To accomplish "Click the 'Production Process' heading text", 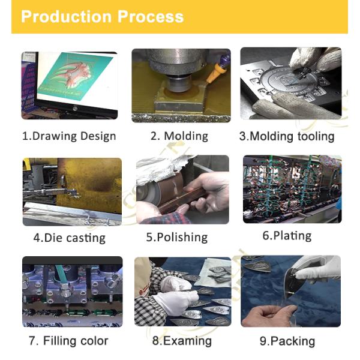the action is (x=102, y=17).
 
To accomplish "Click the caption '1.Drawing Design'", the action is (x=69, y=136).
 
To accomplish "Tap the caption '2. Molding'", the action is (x=179, y=136).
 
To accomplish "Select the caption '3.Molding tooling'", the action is (x=287, y=136).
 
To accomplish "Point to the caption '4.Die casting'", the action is (x=70, y=238).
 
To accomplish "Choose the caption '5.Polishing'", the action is (x=177, y=237).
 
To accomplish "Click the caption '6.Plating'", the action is (x=287, y=236).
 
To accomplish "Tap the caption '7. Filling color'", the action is (x=68, y=340).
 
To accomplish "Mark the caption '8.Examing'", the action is (x=182, y=341).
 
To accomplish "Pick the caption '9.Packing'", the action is (x=287, y=341).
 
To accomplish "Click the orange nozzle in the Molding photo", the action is (x=215, y=73).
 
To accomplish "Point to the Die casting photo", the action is (x=72, y=192).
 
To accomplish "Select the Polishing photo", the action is (x=182, y=190).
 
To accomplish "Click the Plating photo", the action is (x=292, y=189).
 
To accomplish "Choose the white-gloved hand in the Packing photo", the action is (x=318, y=269).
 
